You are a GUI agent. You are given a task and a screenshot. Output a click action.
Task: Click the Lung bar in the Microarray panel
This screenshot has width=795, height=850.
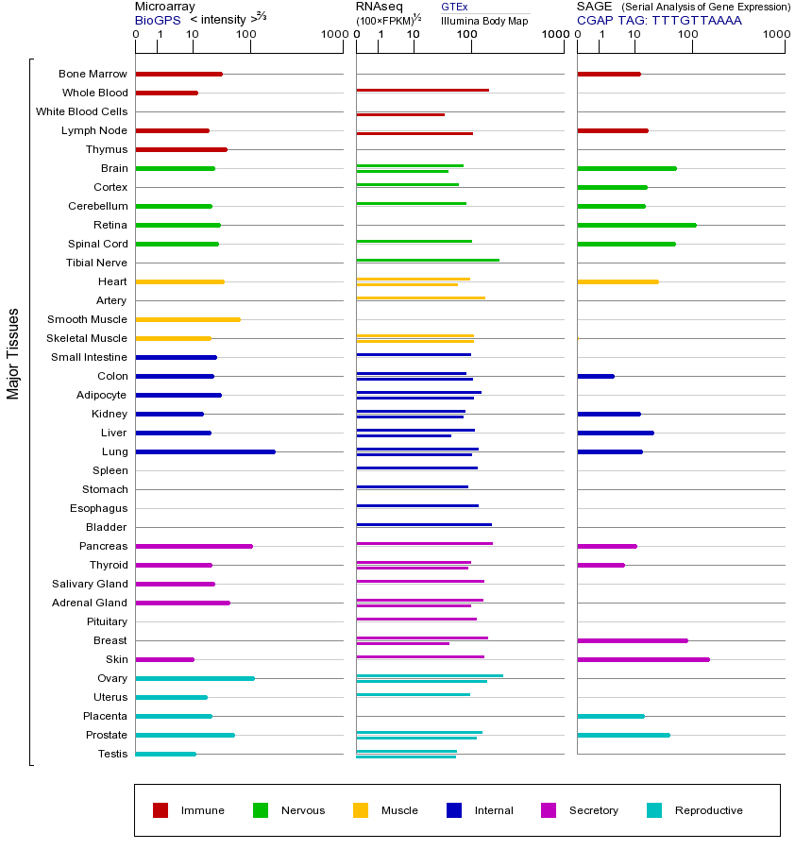pyautogui.click(x=205, y=451)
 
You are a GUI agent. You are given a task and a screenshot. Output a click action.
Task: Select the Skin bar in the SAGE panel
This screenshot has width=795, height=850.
pyautogui.click(x=643, y=659)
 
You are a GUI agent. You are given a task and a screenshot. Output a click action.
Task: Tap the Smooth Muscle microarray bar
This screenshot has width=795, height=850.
pyautogui.click(x=188, y=319)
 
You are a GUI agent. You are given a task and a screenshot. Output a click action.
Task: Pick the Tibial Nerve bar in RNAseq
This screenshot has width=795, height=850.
pyautogui.click(x=428, y=260)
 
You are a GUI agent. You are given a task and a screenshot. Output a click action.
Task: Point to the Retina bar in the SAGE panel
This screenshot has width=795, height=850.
pyautogui.click(x=636, y=225)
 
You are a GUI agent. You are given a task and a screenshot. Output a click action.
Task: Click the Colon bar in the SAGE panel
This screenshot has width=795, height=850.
pyautogui.click(x=596, y=376)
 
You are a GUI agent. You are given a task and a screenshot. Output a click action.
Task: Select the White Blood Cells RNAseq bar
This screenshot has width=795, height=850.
pyautogui.click(x=400, y=114)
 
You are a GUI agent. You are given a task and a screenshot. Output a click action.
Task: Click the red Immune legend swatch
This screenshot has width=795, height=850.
pyautogui.click(x=161, y=810)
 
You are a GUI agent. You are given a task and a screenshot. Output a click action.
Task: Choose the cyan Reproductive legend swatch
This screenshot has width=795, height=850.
pyautogui.click(x=654, y=810)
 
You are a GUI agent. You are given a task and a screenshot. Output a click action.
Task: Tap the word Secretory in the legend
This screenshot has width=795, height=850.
pyautogui.click(x=593, y=810)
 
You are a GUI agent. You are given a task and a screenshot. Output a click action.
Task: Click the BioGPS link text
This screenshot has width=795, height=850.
pyautogui.click(x=157, y=20)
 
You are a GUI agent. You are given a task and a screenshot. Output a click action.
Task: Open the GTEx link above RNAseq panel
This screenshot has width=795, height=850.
pyautogui.click(x=454, y=7)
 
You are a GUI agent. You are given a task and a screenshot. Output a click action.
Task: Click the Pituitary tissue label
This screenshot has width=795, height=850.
pyautogui.click(x=107, y=621)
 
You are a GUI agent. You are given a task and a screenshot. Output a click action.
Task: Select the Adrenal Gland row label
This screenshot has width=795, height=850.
pyautogui.click(x=91, y=603)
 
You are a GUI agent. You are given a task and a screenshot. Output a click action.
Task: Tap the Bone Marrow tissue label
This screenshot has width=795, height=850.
pyautogui.click(x=93, y=74)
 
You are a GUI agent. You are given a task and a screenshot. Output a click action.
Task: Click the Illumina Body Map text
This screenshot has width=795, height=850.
pyautogui.click(x=484, y=20)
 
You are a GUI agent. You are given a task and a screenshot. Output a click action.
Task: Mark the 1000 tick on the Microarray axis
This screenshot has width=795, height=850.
pyautogui.click(x=333, y=35)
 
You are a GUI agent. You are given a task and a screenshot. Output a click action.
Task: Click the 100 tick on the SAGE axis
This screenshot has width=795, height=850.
pyautogui.click(x=688, y=35)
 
